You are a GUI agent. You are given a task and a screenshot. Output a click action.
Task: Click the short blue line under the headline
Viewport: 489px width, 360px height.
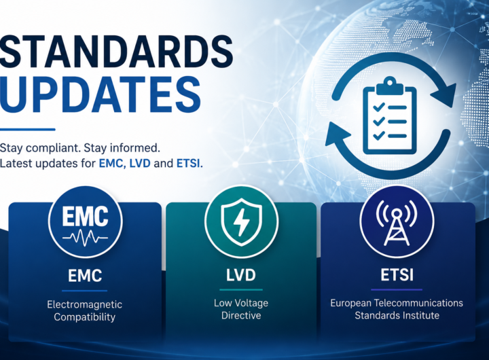point(27,130)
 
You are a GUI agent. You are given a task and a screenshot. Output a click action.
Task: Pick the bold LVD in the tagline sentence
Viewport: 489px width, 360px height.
point(140,163)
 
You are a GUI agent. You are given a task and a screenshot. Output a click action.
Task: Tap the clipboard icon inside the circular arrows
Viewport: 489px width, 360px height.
point(390,116)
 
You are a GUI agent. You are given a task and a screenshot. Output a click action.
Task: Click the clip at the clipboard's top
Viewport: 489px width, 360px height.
point(390,86)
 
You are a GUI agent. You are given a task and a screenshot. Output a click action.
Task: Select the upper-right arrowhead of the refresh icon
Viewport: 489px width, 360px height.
point(443,91)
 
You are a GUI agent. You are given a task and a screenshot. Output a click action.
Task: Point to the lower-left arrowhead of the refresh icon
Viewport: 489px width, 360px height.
point(338,134)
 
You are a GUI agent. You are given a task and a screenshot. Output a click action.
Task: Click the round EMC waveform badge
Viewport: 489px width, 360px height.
point(85,222)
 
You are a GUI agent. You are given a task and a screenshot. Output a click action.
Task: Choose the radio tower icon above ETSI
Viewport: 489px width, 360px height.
point(397,222)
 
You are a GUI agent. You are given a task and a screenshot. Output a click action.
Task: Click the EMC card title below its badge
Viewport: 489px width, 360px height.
point(85,276)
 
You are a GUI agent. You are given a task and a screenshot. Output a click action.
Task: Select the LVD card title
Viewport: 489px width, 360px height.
point(241,275)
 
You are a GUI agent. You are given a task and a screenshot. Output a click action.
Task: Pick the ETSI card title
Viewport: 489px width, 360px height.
point(397,275)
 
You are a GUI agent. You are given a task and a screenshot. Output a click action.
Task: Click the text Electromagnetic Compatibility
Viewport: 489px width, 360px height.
point(84,310)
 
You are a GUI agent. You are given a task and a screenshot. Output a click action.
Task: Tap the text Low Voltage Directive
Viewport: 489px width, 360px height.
point(241,309)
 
